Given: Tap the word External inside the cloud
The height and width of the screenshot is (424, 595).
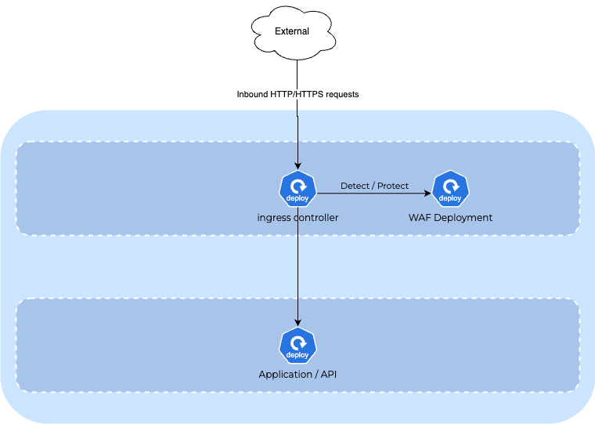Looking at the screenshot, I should (292, 31).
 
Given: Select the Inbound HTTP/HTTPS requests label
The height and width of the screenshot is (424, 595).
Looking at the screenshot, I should (297, 94).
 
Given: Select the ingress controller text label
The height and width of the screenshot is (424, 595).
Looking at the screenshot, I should (297, 218).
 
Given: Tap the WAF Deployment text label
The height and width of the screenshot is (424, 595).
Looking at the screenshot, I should (450, 218).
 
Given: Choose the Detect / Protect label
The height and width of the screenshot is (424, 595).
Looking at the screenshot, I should (374, 186).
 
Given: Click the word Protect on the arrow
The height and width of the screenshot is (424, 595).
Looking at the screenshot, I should (393, 186).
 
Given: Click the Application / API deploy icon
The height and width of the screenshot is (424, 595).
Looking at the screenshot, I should (297, 346).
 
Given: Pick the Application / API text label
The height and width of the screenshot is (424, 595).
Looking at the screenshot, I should (297, 375).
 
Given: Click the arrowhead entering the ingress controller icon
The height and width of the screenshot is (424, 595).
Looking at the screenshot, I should (297, 165).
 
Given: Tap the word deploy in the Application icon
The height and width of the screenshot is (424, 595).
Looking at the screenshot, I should (297, 357).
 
